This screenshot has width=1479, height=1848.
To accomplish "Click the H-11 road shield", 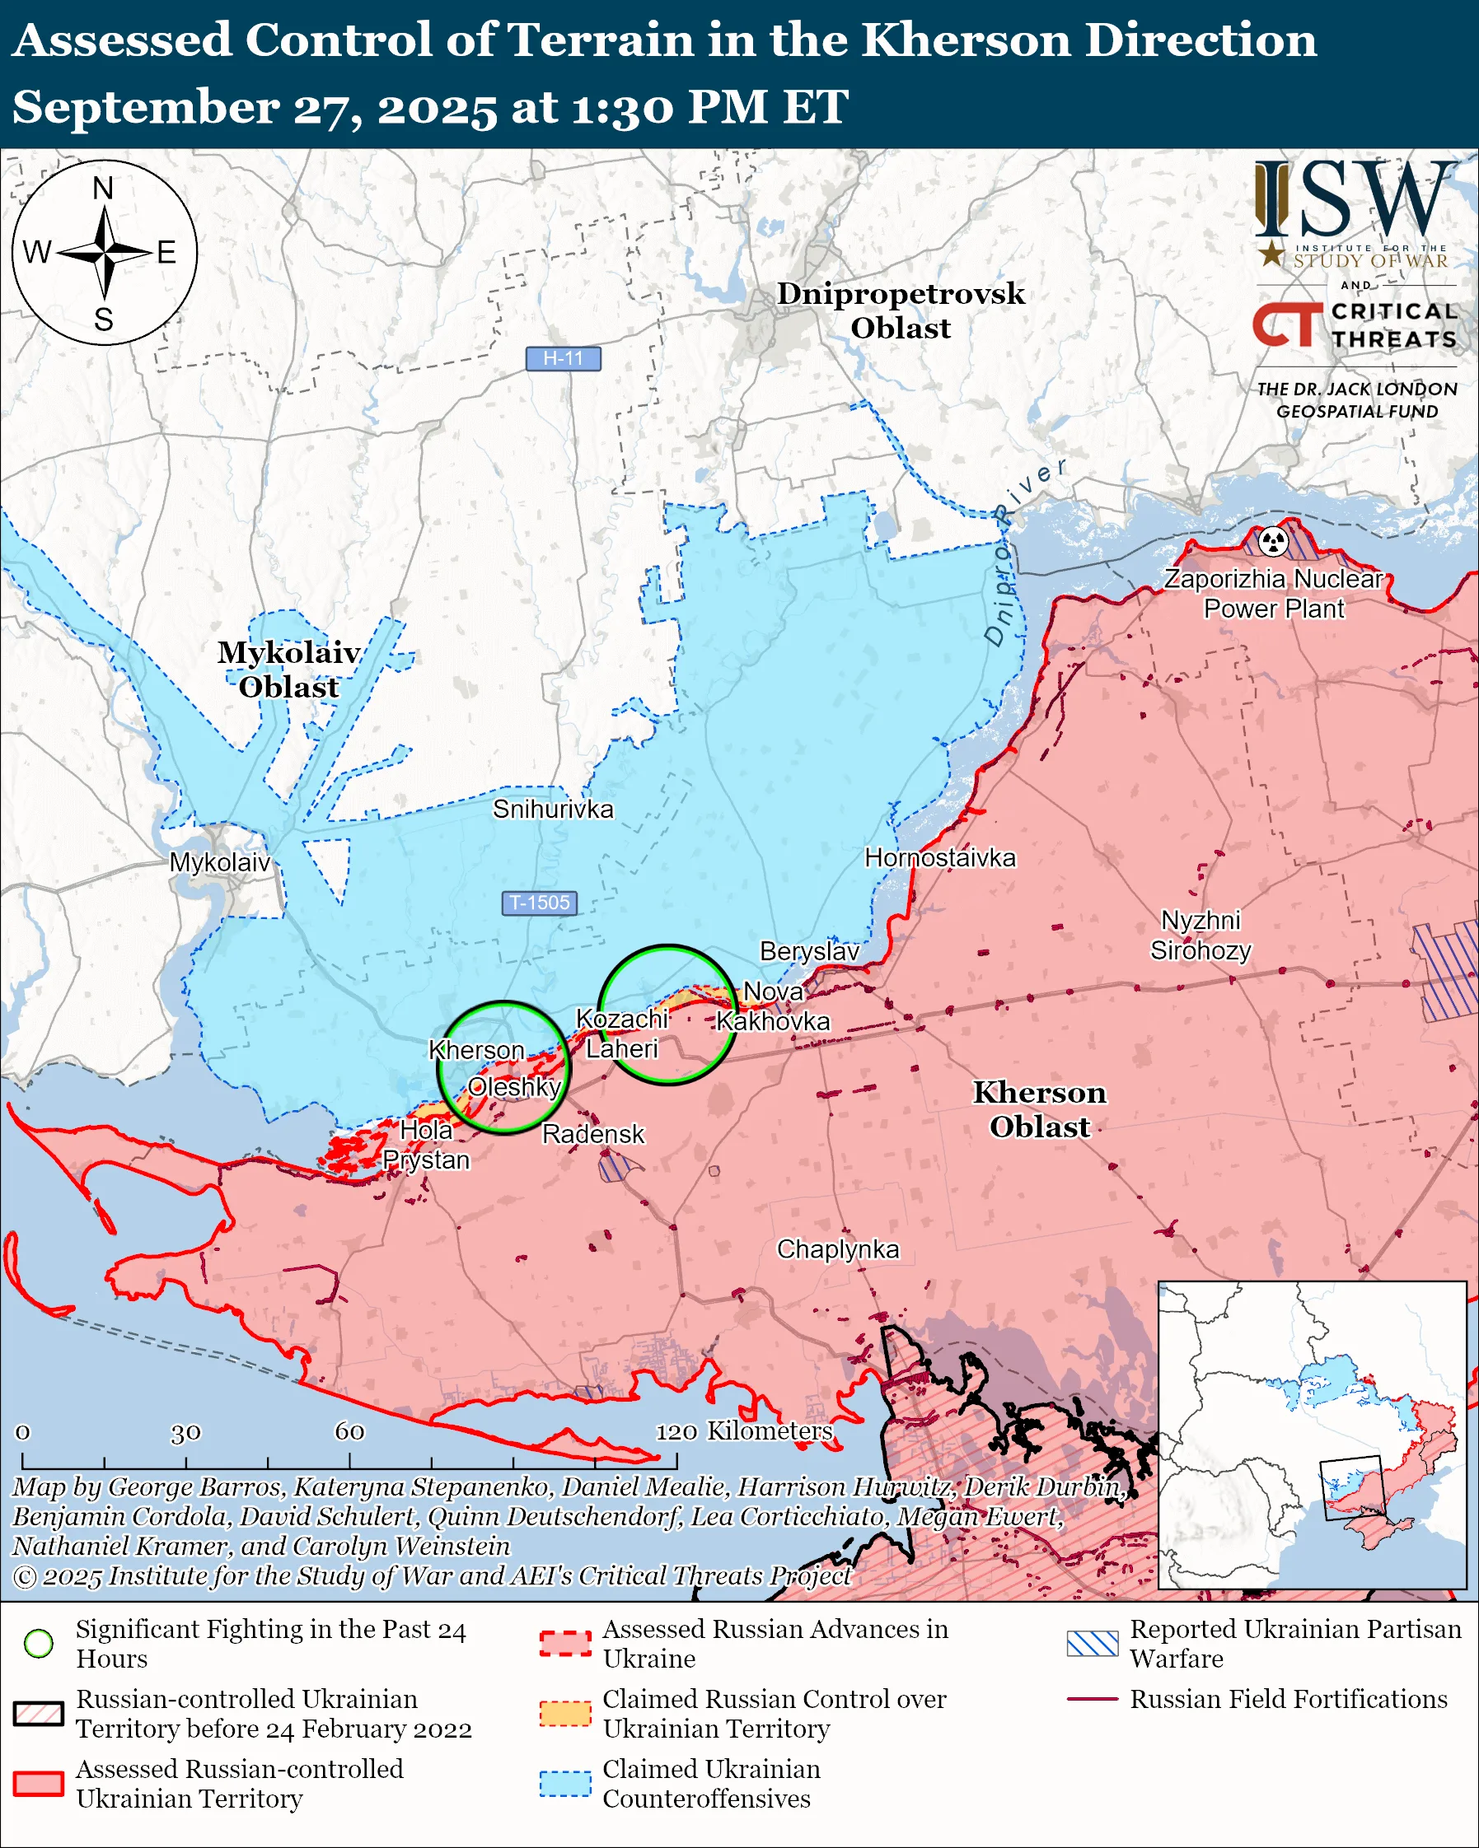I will point(563,358).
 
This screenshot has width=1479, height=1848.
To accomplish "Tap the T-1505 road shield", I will point(540,903).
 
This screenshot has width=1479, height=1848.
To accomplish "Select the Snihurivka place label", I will point(553,810).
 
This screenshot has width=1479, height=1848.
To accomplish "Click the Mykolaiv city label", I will point(219,862).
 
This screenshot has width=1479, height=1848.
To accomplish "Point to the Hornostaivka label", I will point(939,858).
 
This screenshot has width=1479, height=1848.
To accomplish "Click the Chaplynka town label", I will point(838,1250).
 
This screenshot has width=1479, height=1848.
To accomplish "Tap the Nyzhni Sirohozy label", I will point(1201,936).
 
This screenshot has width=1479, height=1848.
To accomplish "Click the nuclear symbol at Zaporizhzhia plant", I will point(1273,541).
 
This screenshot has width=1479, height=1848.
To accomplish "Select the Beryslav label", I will point(809,951).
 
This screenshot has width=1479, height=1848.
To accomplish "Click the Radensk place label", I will point(592,1134).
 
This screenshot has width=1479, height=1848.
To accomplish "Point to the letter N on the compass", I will point(103,189).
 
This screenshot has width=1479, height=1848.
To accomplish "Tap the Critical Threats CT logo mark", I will point(1287,324).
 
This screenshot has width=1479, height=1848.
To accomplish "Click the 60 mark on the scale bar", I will point(350,1431).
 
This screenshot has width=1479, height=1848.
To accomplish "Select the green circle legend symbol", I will point(39,1643).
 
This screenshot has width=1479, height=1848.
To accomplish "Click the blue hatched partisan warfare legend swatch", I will point(1093,1643).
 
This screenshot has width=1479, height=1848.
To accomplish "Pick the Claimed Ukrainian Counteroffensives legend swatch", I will point(565,1784).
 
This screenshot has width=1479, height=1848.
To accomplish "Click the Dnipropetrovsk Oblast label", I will point(901,310).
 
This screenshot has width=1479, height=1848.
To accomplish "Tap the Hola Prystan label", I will point(426,1146).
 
